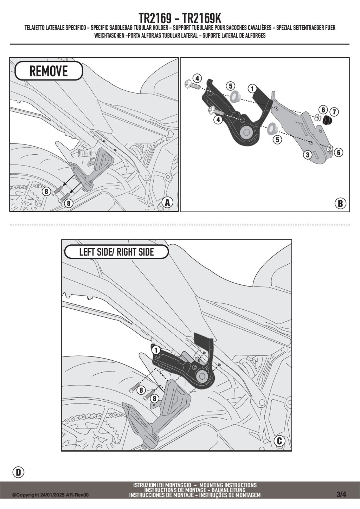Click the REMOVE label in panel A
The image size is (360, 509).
49,71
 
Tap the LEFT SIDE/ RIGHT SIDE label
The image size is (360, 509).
116,252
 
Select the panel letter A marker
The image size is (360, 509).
168,202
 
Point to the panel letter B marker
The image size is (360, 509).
340,203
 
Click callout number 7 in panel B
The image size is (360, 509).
334,112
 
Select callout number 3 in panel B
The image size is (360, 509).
308,155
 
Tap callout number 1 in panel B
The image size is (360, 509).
252,88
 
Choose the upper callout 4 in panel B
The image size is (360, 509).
197,78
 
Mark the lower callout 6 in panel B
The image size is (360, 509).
339,152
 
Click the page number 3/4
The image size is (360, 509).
341,494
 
